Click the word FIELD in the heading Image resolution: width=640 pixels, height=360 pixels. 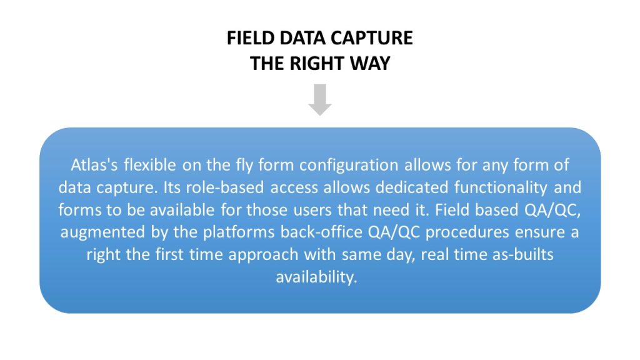coord(250,38)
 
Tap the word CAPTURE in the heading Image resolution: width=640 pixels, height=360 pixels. coord(372,38)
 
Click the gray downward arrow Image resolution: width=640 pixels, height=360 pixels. coord(320,99)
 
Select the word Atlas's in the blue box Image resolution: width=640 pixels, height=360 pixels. coord(94,165)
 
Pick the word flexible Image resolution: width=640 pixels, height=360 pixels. coord(150,165)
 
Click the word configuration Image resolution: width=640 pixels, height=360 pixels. coord(349,166)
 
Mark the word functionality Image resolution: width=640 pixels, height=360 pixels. coord(501,188)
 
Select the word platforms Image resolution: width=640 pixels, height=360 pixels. coord(239,232)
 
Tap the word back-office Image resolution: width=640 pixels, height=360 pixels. coord(321,232)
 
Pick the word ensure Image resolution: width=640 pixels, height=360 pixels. coord(539,232)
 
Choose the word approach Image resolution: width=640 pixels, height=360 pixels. coord(263,255)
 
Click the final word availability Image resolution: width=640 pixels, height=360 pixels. coord(316,277)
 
